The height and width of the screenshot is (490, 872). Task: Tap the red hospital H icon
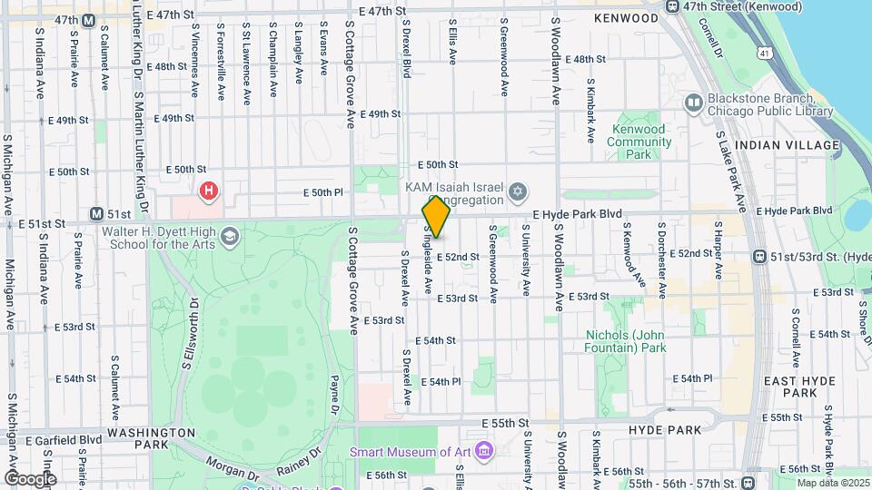210,191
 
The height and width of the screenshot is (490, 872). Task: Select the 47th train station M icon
88,20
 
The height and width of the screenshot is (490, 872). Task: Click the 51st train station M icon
96,214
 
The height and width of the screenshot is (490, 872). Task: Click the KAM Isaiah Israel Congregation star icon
519,192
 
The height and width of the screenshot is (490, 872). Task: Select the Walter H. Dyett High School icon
229,236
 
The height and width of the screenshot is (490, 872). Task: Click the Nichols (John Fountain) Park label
625,340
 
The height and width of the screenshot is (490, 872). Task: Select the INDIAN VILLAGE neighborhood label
788,145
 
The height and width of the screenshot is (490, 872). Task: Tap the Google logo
29,478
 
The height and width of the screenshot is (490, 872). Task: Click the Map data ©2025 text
832,483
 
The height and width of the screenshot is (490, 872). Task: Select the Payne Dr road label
334,392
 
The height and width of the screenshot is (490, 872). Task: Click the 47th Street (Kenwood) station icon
672,7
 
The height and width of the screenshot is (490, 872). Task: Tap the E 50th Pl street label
323,192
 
